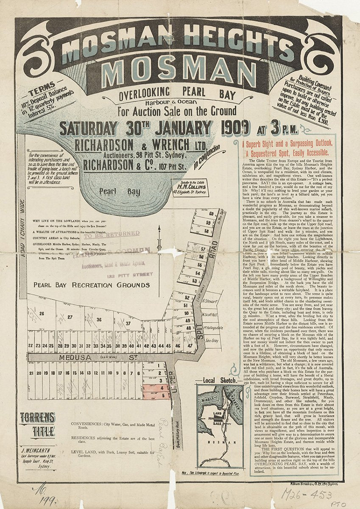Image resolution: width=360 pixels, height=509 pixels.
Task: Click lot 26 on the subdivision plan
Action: click(x=42, y=314)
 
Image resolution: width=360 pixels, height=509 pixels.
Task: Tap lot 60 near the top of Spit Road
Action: click(x=211, y=214)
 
